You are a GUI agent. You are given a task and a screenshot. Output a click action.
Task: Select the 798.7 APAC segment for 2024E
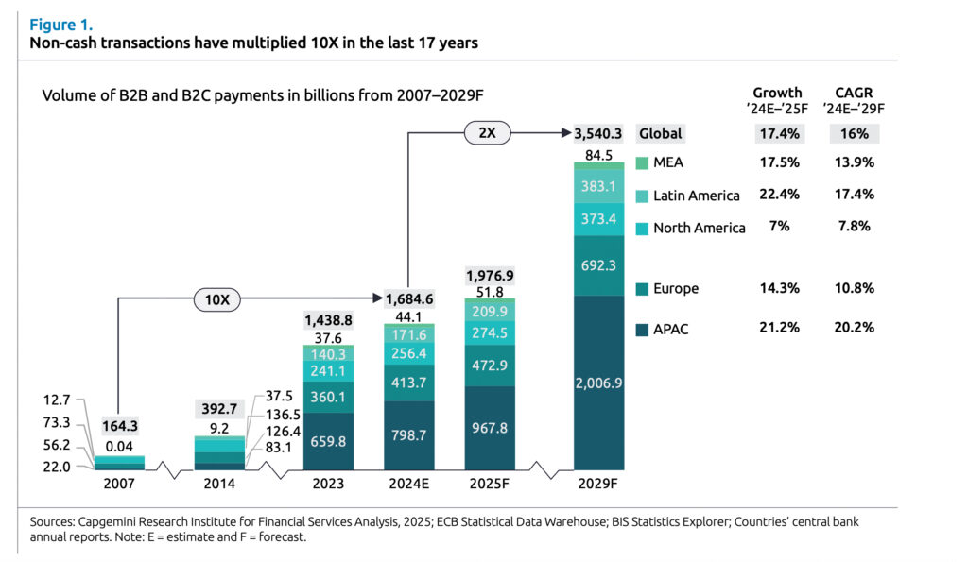[x=409, y=435]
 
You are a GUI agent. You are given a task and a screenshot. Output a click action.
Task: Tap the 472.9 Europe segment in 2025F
[x=490, y=366]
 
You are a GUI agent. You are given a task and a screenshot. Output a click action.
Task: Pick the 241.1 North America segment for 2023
[x=328, y=371]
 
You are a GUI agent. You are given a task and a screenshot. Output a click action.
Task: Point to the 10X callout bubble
[x=216, y=300]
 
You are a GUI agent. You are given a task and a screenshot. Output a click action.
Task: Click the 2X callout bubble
[x=487, y=133]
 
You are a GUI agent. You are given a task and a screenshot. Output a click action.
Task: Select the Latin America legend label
[x=696, y=196]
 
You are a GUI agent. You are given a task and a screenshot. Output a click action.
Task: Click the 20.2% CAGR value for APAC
[x=854, y=328]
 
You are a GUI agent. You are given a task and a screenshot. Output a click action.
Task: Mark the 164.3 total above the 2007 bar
[x=121, y=426]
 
